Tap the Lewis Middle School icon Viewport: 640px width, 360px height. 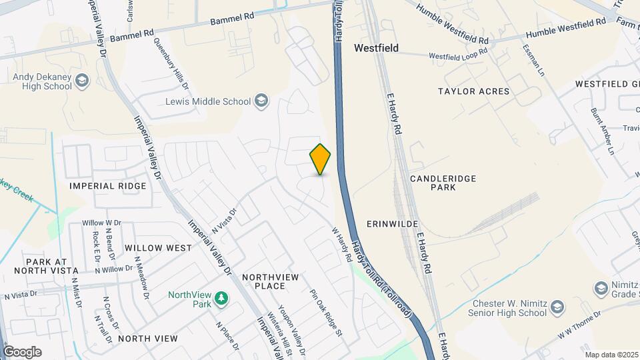[x=262, y=101]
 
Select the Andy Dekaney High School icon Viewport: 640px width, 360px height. [x=82, y=81]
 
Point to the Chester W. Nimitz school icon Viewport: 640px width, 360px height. [x=557, y=307]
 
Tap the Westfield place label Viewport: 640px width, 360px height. [x=376, y=48]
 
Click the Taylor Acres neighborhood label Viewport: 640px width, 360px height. [x=473, y=91]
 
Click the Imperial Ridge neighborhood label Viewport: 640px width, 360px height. [x=107, y=186]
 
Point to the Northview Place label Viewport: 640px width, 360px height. [x=263, y=281]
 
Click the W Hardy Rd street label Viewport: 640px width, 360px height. [x=341, y=244]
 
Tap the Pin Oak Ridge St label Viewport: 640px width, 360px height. [x=325, y=313]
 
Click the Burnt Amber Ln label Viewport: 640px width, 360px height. [x=602, y=131]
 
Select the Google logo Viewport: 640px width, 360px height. [x=22, y=352]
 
